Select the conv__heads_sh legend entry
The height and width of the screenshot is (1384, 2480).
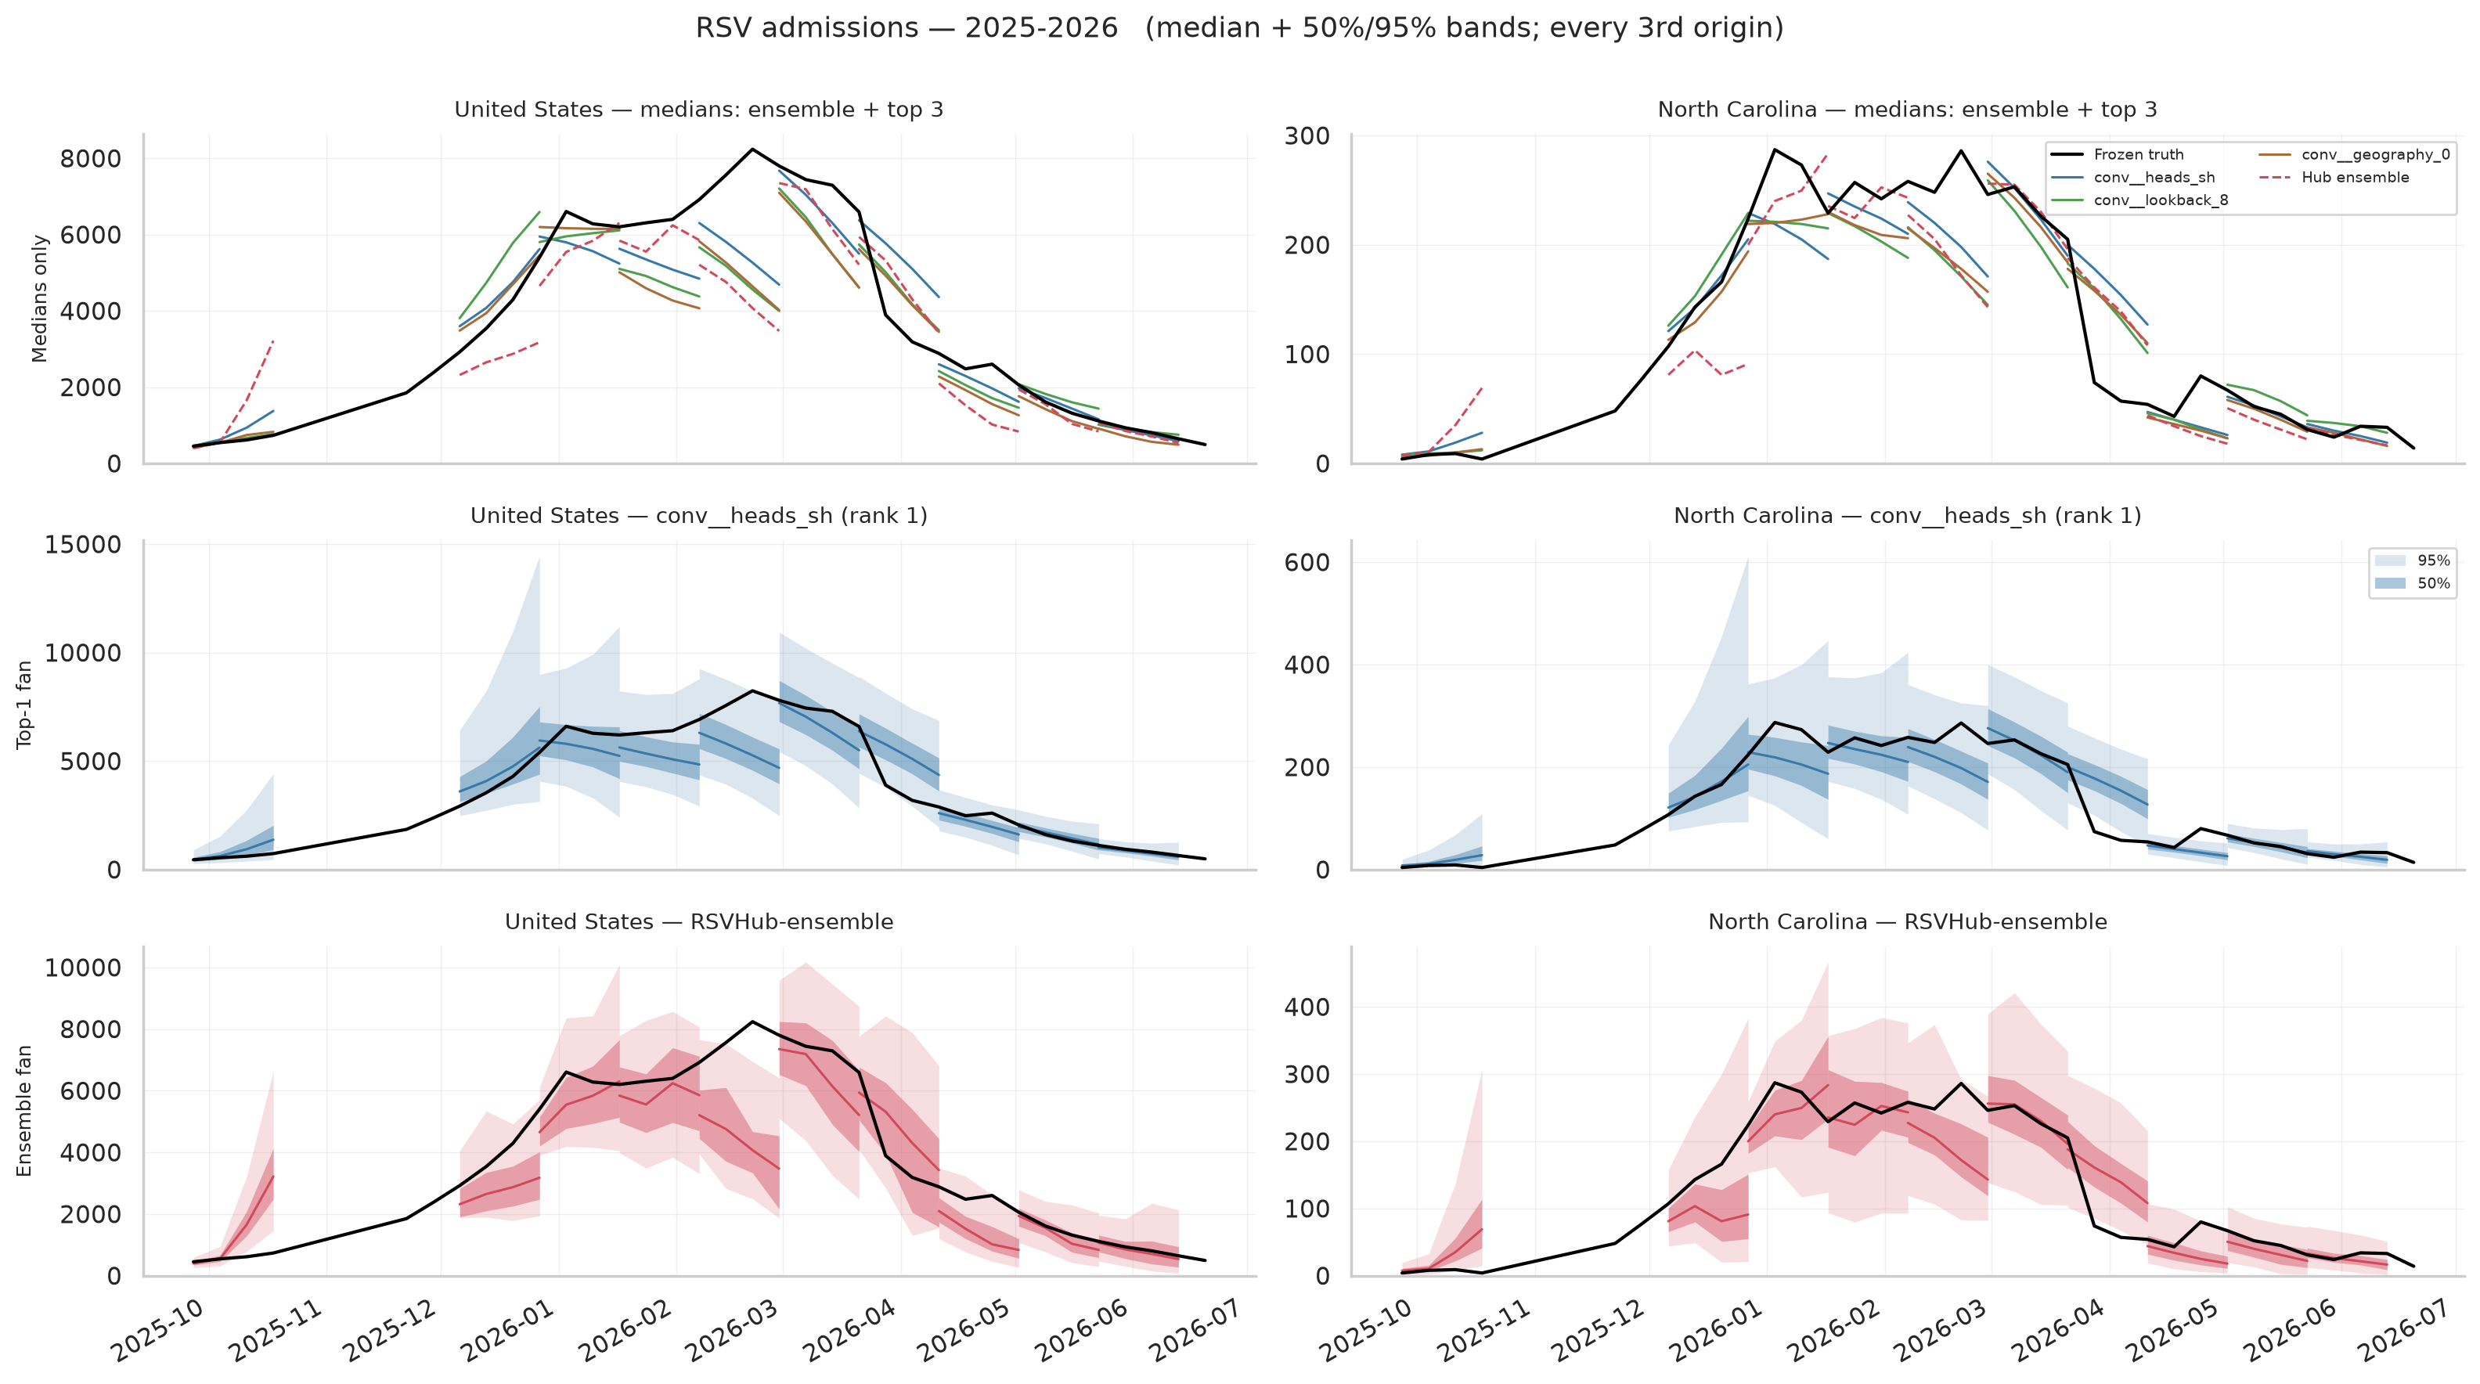click(2132, 177)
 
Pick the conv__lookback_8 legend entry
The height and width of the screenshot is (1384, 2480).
click(2139, 200)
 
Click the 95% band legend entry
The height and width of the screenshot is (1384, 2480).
click(2413, 560)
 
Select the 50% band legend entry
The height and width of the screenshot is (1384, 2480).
click(2413, 583)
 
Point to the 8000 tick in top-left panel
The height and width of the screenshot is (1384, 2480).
click(91, 159)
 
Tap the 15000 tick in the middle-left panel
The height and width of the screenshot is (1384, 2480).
click(84, 546)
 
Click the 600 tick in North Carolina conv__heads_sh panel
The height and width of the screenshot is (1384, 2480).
click(1307, 563)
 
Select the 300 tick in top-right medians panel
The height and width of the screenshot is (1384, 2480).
click(1307, 137)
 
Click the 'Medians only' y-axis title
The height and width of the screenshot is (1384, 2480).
click(39, 298)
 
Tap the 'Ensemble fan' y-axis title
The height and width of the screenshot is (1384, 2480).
click(25, 1111)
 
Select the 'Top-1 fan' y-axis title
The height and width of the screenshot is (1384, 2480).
click(25, 705)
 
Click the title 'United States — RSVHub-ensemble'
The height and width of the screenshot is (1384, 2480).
click(699, 922)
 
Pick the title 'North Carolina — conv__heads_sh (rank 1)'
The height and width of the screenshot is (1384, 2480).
click(1907, 516)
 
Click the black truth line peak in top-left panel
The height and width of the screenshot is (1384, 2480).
click(752, 150)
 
